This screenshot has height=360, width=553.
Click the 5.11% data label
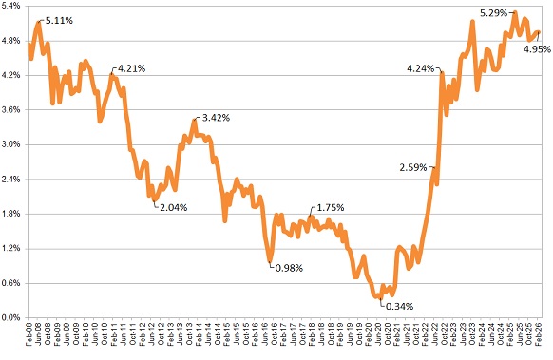[59, 18]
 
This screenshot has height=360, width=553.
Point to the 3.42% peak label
[214, 118]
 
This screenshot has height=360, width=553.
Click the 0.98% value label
[288, 267]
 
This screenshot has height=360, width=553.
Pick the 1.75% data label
[329, 208]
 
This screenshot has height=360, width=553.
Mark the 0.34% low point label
[397, 305]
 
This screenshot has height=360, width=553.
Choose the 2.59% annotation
[414, 167]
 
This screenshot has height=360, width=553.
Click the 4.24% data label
[420, 68]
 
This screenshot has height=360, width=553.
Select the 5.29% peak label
[494, 12]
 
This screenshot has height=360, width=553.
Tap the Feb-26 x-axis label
[541, 336]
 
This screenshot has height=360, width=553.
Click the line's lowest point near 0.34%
[379, 297]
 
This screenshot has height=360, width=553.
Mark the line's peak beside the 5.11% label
[38, 22]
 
